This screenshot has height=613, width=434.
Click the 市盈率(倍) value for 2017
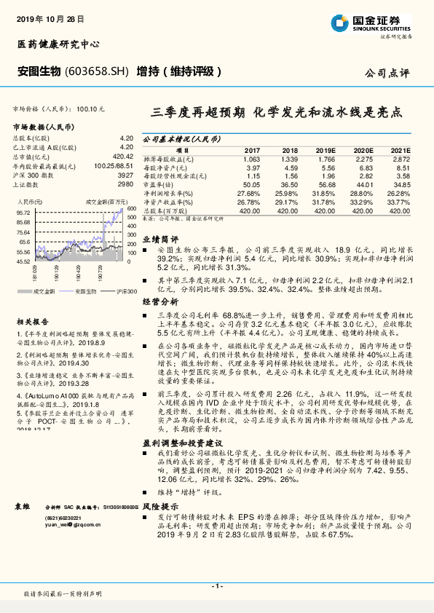[x=250, y=185]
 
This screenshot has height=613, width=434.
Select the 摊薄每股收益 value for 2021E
[x=401, y=158]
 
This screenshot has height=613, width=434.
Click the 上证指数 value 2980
[x=125, y=185]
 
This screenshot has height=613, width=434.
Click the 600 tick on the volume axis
[x=131, y=208]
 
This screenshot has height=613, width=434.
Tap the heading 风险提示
[x=159, y=505]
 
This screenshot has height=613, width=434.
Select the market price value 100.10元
[x=90, y=108]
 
